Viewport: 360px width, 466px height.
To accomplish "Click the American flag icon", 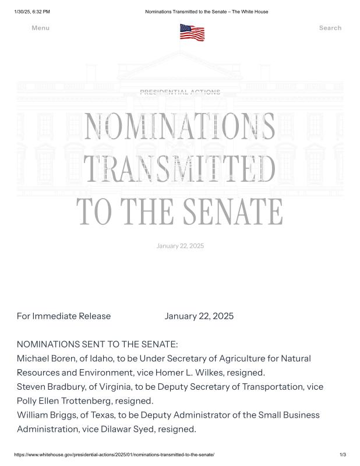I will pyautogui.click(x=192, y=32).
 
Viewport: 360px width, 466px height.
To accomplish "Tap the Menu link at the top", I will pyautogui.click(x=41, y=28).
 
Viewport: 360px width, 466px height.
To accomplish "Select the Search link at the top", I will pyautogui.click(x=330, y=28).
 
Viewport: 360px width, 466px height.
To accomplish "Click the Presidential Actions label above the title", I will pyautogui.click(x=180, y=92).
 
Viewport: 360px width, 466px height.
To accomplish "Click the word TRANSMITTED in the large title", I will pyautogui.click(x=180, y=169).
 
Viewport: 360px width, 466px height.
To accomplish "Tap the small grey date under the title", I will pyautogui.click(x=180, y=246).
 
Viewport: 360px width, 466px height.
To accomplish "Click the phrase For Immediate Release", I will pyautogui.click(x=63, y=316).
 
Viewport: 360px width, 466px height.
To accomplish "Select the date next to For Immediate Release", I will pyautogui.click(x=199, y=316).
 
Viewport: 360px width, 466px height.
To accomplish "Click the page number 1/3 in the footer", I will pyautogui.click(x=343, y=454).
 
